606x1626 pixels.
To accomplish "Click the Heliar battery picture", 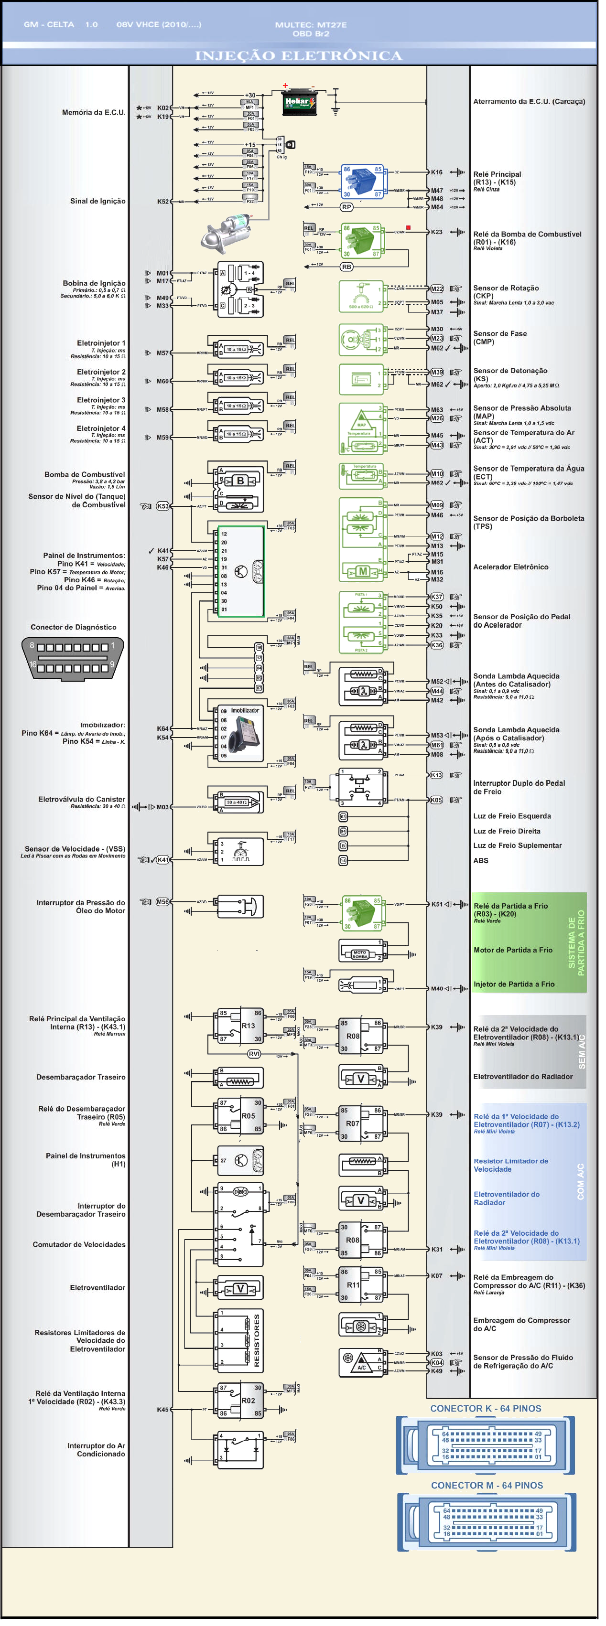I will pos(299,103).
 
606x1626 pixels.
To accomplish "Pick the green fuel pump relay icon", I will pos(362,240).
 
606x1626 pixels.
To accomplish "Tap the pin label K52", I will pos(163,202).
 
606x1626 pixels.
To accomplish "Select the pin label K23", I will pos(436,232).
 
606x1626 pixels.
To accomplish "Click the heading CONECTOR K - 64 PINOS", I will pos(486,1408).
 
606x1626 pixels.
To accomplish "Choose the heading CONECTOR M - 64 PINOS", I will pos(486,1485).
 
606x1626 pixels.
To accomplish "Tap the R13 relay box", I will pos(240,1026).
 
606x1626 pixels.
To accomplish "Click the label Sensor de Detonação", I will pos(510,371).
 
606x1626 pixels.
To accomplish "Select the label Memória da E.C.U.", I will pos(93,112).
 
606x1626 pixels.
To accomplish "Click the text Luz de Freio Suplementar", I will pos(517,845).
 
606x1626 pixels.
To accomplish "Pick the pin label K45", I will pos(163,1410).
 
